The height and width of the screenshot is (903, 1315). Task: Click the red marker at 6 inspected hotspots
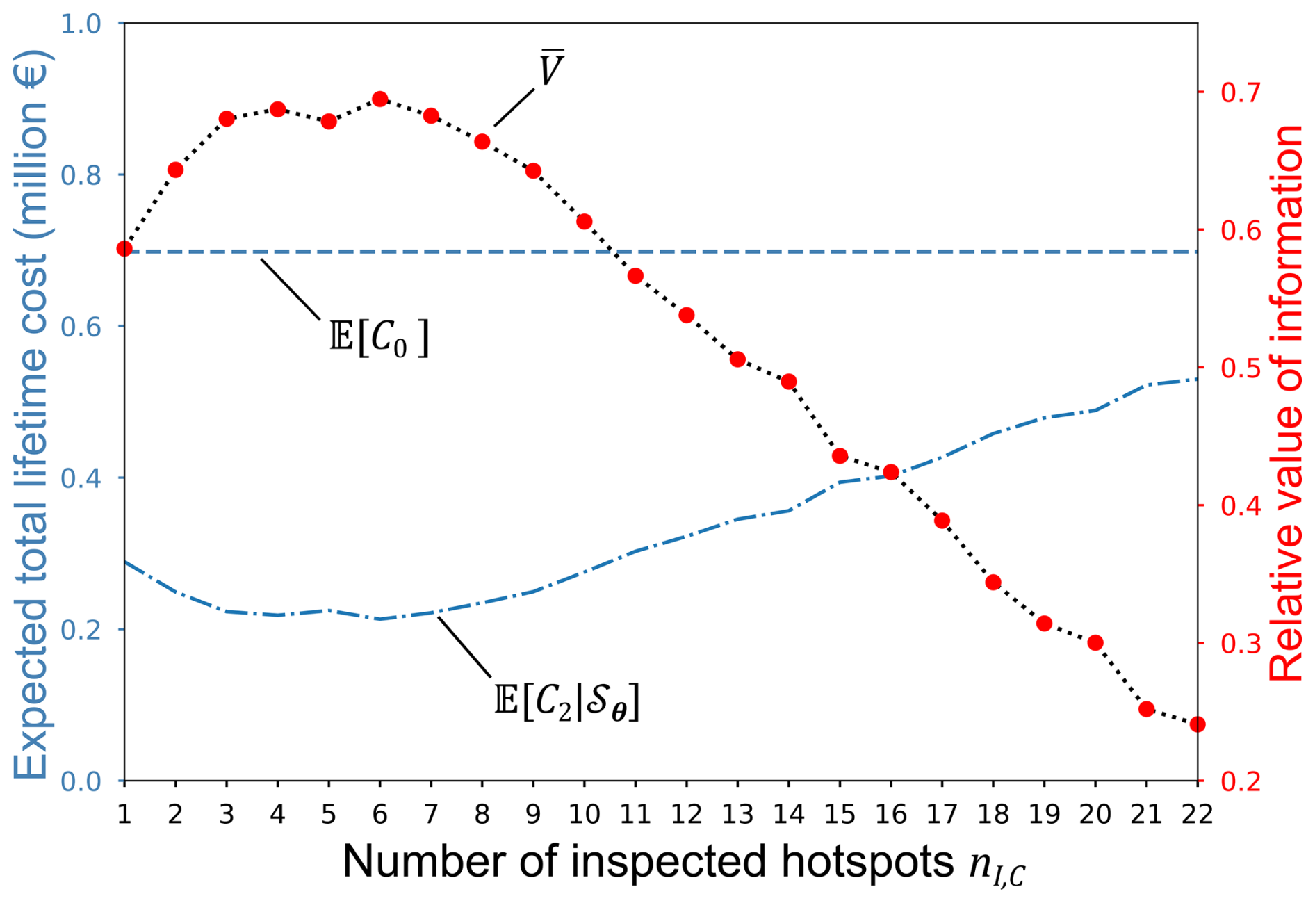click(x=379, y=99)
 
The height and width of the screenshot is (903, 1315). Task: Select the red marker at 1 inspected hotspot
click(x=124, y=249)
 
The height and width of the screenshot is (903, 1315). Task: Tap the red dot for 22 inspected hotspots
click(x=1197, y=724)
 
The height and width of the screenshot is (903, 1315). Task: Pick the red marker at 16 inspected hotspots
click(x=891, y=473)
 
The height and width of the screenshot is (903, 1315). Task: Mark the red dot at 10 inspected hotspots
click(x=584, y=222)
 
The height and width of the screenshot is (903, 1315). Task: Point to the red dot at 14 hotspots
click(x=788, y=382)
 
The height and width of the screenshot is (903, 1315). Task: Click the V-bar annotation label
click(x=551, y=69)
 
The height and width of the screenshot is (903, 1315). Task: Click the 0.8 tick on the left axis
click(x=81, y=175)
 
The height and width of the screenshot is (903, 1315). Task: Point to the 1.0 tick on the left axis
click(x=81, y=24)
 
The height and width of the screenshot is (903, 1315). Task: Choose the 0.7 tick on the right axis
click(x=1241, y=92)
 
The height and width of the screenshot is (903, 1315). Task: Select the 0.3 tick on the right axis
click(x=1241, y=644)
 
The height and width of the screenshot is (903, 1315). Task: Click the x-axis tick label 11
click(x=635, y=813)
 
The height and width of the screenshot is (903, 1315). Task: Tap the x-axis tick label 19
click(x=1044, y=813)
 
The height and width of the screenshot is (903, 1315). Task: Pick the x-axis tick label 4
click(x=277, y=813)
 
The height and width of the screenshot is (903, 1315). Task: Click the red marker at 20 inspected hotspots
click(x=1095, y=642)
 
